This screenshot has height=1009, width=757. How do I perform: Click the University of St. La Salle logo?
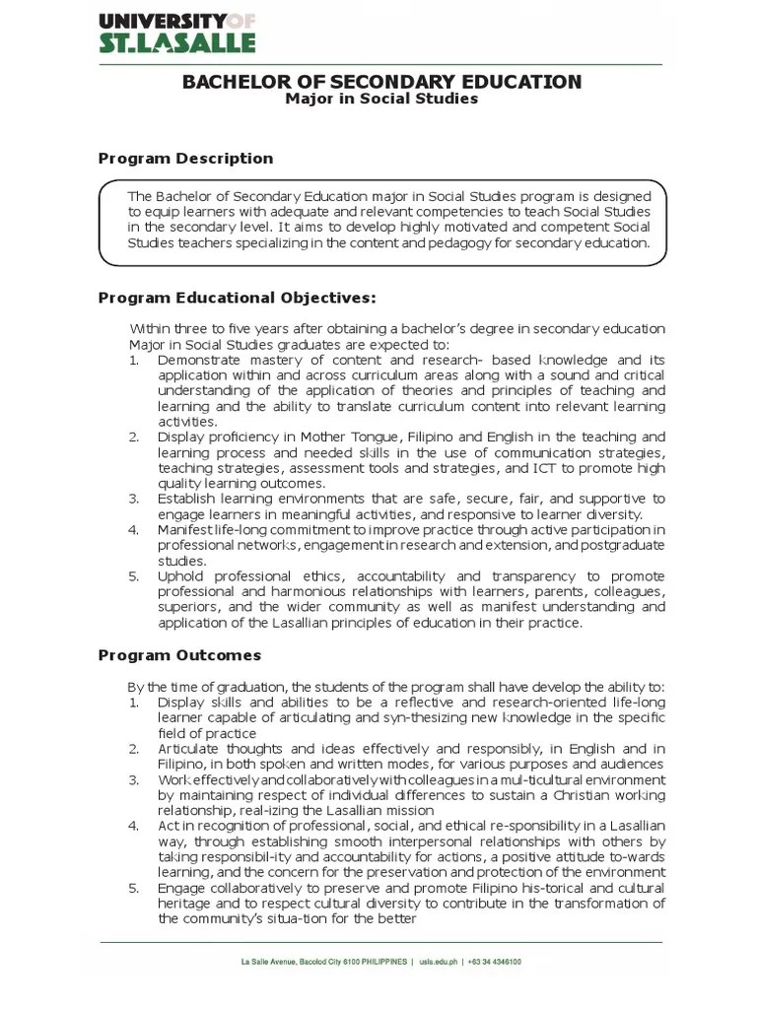176,32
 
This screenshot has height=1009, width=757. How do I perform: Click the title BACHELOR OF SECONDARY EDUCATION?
381,82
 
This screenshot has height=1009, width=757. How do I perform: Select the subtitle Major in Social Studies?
381,100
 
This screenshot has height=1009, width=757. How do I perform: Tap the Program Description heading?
186,159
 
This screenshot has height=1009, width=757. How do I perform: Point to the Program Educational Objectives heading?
238,298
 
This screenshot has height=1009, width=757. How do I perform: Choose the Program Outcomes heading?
180,655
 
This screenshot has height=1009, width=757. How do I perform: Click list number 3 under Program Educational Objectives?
134,499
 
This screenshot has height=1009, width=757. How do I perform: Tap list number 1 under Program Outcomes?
134,703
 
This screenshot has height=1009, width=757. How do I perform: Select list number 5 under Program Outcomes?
134,888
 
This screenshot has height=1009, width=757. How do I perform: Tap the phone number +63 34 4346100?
496,962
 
